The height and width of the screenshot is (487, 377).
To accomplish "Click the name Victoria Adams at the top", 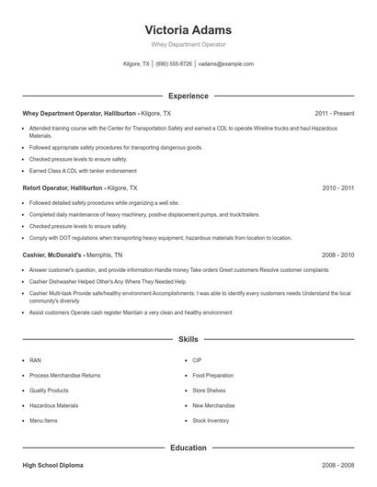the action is click(x=188, y=29).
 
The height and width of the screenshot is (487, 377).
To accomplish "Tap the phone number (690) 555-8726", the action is click(x=174, y=64).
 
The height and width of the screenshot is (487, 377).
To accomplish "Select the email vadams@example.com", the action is click(x=225, y=64).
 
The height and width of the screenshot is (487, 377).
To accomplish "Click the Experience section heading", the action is click(x=188, y=96).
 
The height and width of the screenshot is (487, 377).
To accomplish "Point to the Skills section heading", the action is click(x=188, y=339).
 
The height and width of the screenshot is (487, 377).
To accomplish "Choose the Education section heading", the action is click(x=188, y=447).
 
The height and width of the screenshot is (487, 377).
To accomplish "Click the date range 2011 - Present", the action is click(x=334, y=113).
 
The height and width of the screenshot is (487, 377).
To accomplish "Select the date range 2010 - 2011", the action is click(x=337, y=187).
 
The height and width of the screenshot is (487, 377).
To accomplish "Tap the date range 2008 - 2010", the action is click(x=337, y=254).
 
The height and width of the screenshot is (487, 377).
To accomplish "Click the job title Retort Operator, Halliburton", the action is click(x=63, y=187).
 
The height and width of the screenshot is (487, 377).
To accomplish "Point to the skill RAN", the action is click(x=35, y=360).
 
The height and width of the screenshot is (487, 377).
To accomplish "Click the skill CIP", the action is click(x=197, y=360).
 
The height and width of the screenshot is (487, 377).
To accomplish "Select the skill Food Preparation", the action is click(x=211, y=375).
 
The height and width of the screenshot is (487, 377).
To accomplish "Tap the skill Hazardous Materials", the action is click(x=53, y=405).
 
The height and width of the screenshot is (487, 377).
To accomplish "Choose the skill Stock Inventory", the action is click(x=211, y=420).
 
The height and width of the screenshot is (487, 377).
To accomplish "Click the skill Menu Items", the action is click(x=43, y=420).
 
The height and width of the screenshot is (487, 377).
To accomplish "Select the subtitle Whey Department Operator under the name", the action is click(x=188, y=44).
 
